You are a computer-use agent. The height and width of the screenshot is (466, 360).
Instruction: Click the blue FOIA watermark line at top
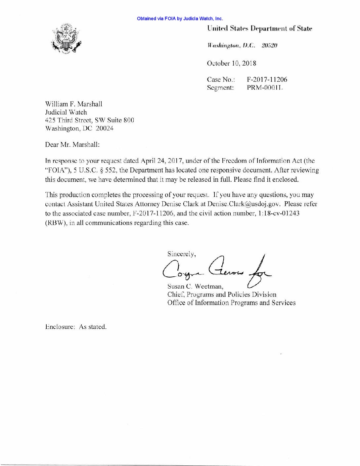pyautogui.click(x=180, y=19)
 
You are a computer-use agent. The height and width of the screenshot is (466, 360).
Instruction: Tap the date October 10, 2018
pyautogui.click(x=231, y=63)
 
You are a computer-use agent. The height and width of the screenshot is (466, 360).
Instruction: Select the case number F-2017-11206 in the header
pyautogui.click(x=267, y=79)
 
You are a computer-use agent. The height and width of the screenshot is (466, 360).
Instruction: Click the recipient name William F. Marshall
pyautogui.click(x=73, y=104)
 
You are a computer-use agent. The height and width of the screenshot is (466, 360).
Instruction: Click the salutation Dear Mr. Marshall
pyautogui.click(x=72, y=145)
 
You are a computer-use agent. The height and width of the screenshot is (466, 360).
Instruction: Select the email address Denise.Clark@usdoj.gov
pyautogui.click(x=244, y=204)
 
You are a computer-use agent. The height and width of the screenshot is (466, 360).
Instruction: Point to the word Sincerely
pyautogui.click(x=181, y=254)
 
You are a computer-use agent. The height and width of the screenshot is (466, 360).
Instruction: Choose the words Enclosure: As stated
pyautogui.click(x=76, y=327)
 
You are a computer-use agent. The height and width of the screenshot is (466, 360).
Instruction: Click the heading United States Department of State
pyautogui.click(x=259, y=28)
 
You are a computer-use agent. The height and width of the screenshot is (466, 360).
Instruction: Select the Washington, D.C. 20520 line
pyautogui.click(x=242, y=45)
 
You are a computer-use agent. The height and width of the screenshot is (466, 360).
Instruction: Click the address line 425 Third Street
pyautogui.click(x=89, y=120)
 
